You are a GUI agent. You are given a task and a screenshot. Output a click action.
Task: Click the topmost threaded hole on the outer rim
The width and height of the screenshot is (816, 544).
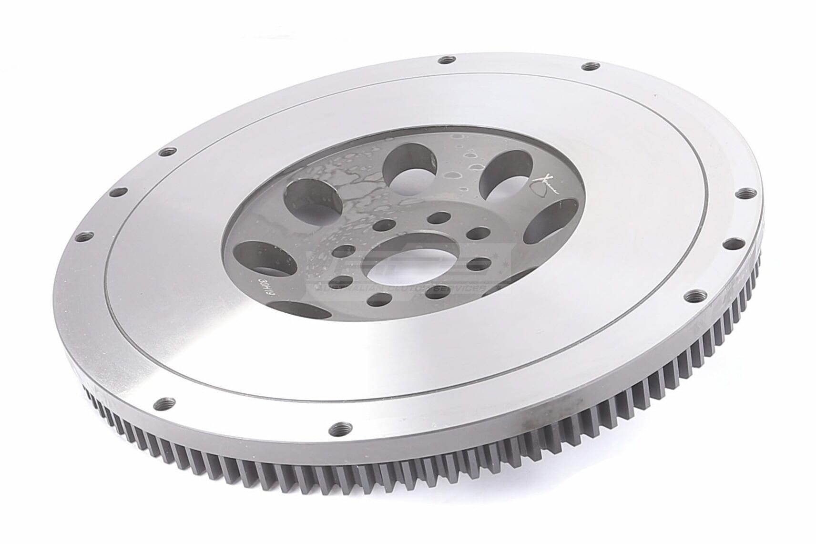(x=446, y=60)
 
